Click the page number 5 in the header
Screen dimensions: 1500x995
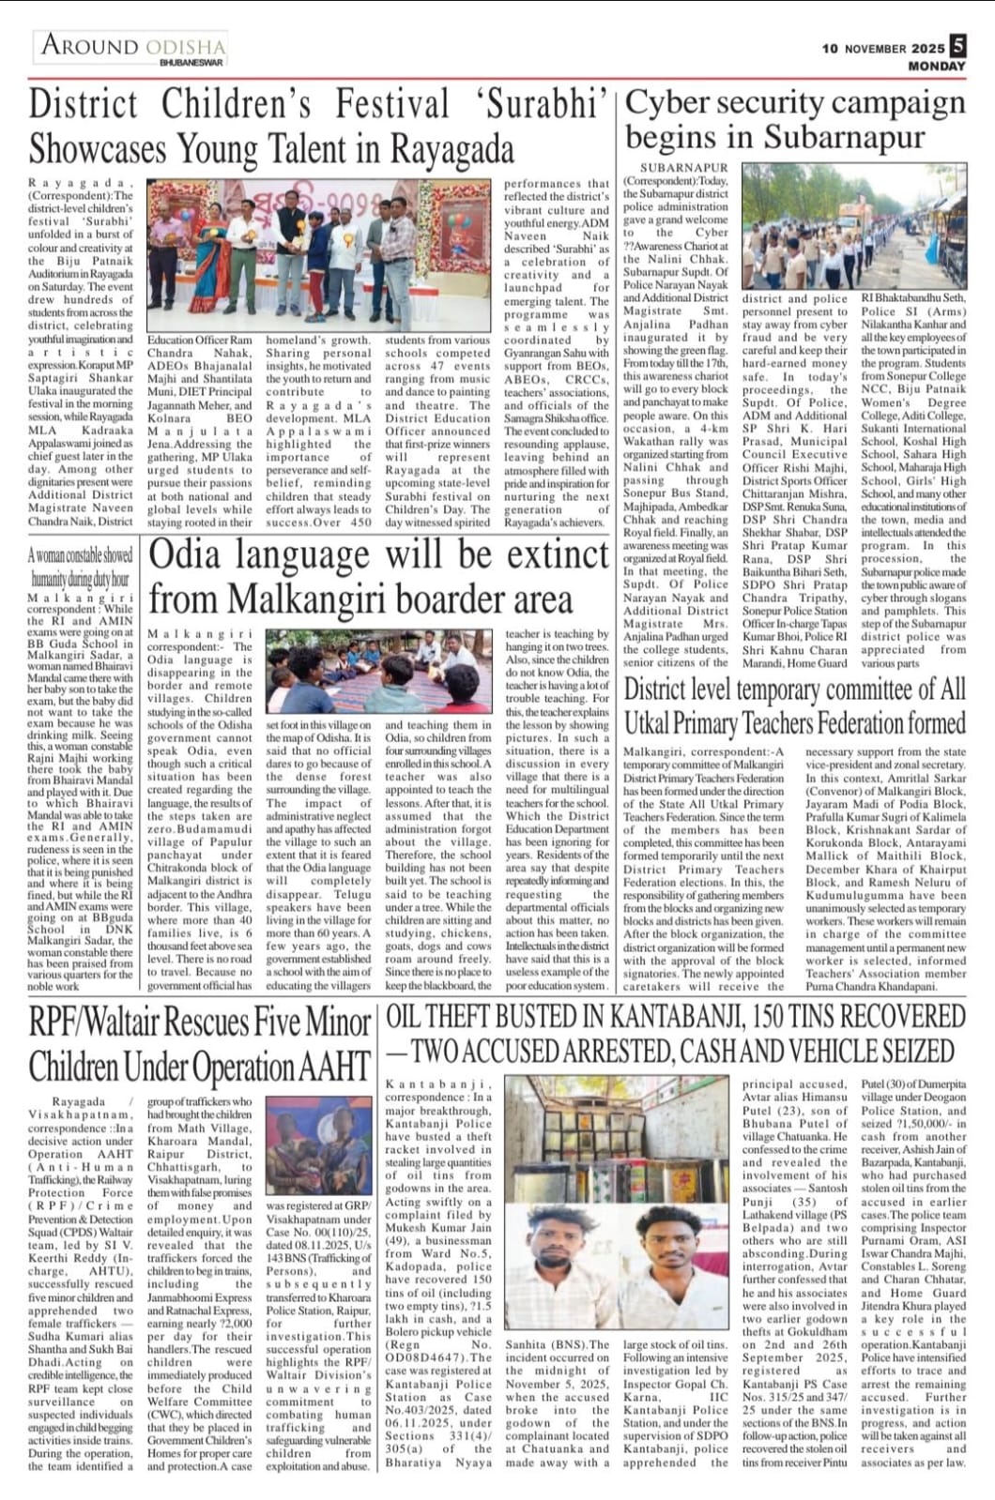957,45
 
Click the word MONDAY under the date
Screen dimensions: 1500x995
936,67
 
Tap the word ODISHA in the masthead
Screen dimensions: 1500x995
184,46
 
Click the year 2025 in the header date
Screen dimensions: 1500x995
927,49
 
